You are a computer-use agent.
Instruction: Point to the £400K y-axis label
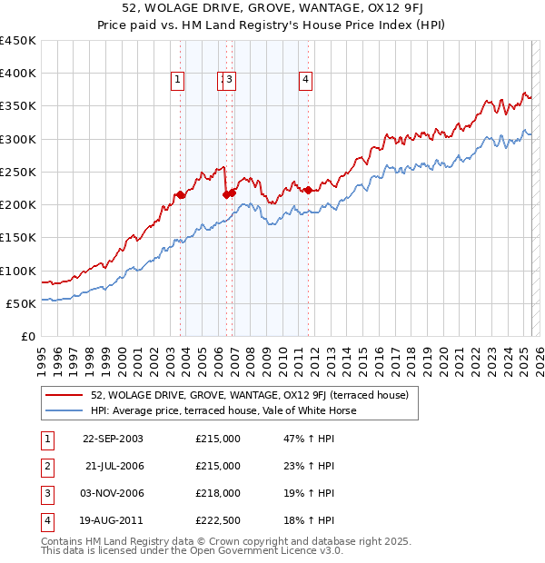pos(18,74)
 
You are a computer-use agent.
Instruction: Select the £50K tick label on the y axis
pos(22,303)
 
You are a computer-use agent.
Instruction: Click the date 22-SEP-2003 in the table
pos(113,439)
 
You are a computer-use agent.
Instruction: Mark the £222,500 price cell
pos(218,520)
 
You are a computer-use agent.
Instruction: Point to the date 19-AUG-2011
pos(113,520)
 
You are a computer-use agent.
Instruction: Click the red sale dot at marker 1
pos(181,194)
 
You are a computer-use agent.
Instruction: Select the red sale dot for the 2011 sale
pos(309,190)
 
